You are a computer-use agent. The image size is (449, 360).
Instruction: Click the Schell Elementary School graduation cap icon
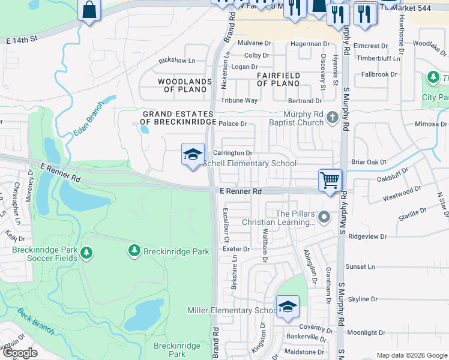click(193, 155)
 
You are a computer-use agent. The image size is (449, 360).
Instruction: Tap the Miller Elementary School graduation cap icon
click(288, 307)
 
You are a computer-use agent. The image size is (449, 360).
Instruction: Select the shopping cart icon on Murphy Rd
click(330, 179)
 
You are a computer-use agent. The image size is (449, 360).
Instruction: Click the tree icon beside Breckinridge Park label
click(134, 250)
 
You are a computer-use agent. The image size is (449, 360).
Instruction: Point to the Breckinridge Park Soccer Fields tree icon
click(86, 253)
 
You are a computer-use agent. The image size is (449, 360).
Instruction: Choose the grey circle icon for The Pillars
click(325, 217)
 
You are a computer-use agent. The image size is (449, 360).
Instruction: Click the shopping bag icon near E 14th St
click(89, 9)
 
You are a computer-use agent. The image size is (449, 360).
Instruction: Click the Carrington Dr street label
click(232, 154)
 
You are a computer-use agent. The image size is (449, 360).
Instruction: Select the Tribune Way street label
click(239, 101)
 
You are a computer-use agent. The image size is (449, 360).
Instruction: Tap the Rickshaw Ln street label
click(177, 61)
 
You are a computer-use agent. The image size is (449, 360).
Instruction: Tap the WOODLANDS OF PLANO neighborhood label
click(184, 85)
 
